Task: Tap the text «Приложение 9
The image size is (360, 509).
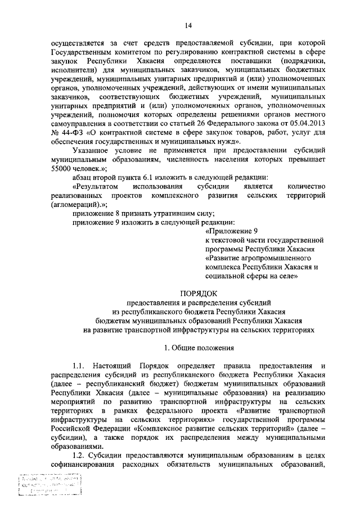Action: pyautogui.click(x=232, y=231)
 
